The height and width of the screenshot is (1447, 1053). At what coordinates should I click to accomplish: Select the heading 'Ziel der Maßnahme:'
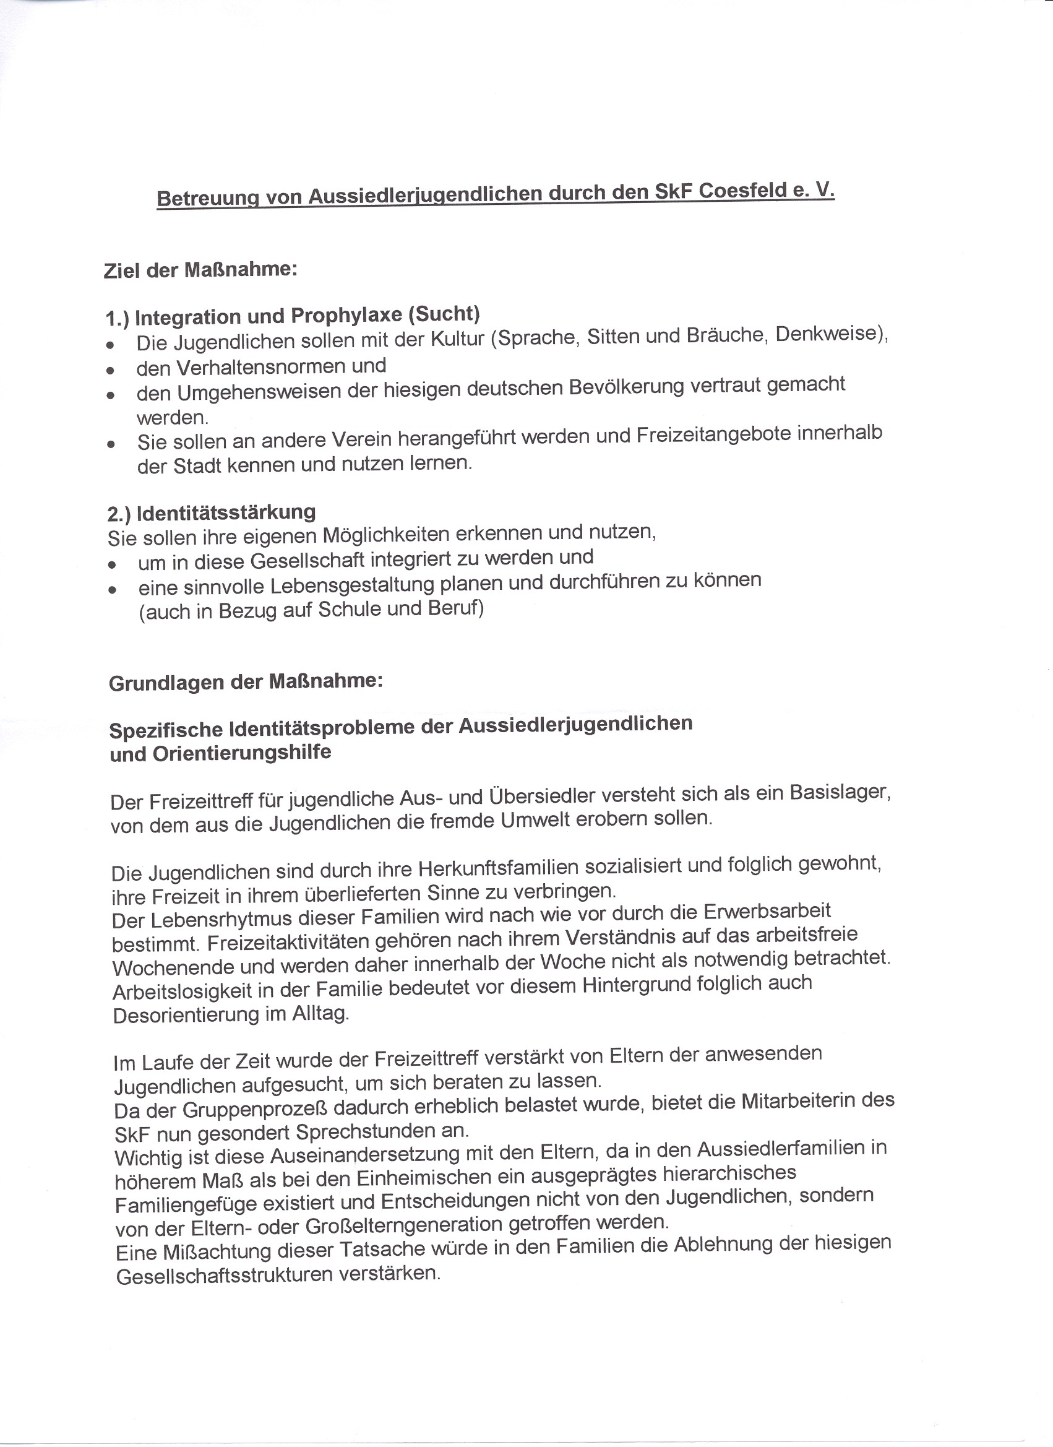click(x=200, y=270)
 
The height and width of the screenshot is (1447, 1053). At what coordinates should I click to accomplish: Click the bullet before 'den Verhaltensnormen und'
click(x=111, y=369)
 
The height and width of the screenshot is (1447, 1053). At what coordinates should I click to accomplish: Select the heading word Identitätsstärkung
click(x=226, y=512)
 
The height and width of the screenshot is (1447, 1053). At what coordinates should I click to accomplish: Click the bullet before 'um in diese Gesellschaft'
click(x=112, y=564)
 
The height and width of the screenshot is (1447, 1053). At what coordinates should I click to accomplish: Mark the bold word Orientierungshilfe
click(x=242, y=753)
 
